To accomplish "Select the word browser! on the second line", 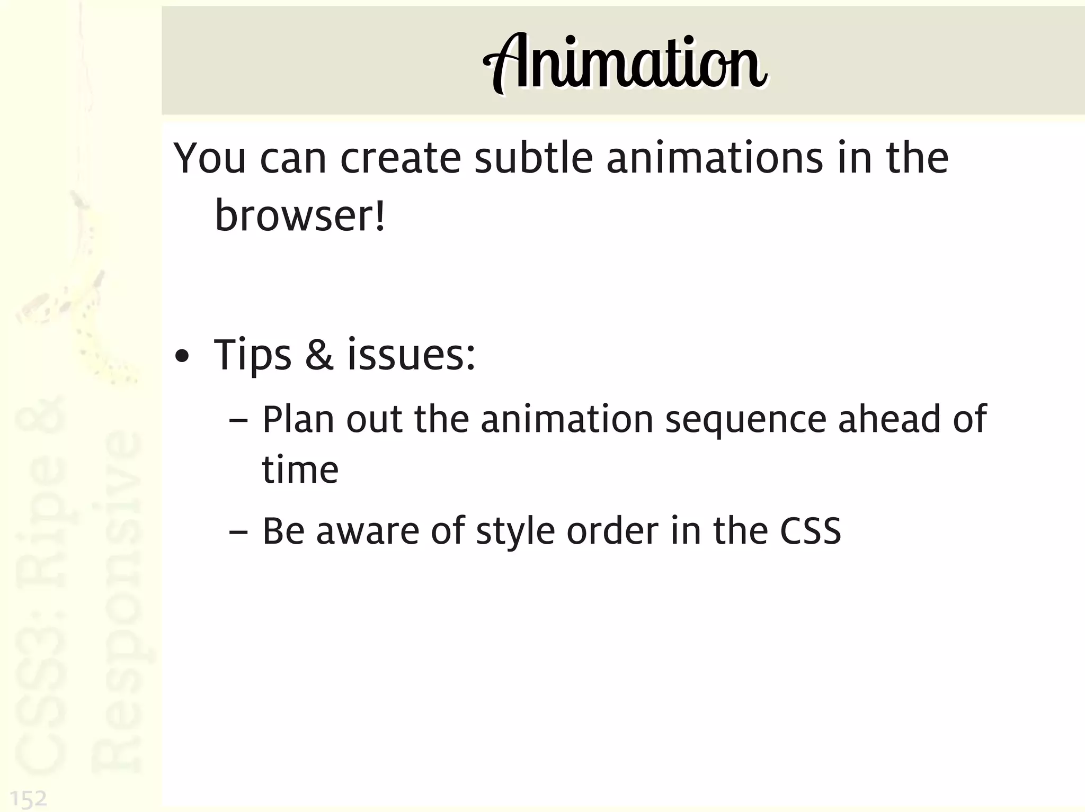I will pos(300,216).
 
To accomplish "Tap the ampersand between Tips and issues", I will pos(319,355).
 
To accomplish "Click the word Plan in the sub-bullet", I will pos(298,419).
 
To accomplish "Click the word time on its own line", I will pos(300,470).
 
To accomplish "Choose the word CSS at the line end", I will pos(810,531).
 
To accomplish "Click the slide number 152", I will pos(29,799).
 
